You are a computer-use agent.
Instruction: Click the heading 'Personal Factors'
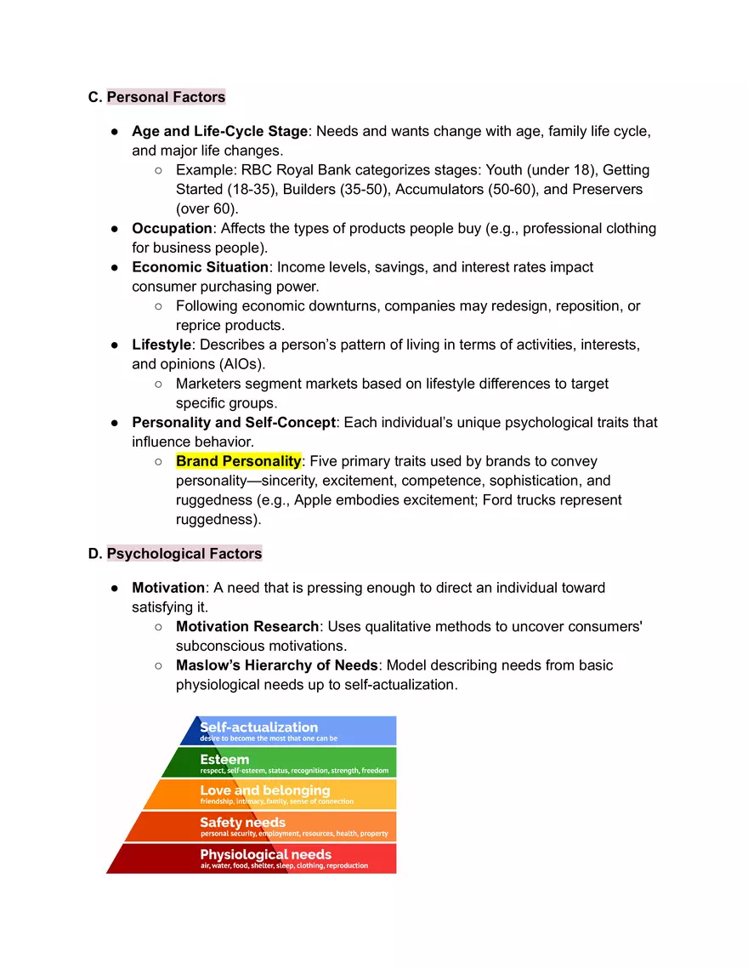166,97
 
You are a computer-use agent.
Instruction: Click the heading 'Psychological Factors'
184,554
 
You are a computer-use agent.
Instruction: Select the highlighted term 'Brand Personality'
238,461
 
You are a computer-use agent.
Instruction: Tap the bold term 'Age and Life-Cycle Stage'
219,131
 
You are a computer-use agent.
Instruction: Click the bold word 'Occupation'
172,228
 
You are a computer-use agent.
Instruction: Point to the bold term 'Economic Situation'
200,267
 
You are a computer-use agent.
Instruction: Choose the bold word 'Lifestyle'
161,345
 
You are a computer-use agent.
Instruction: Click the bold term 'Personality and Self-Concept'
234,422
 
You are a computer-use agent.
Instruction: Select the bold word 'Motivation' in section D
168,588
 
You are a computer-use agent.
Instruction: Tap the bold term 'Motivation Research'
247,626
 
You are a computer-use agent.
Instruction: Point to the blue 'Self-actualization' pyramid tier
289,731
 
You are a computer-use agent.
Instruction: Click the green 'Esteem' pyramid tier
289,763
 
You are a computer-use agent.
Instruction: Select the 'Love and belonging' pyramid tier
280,795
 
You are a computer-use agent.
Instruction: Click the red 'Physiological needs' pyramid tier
263,858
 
